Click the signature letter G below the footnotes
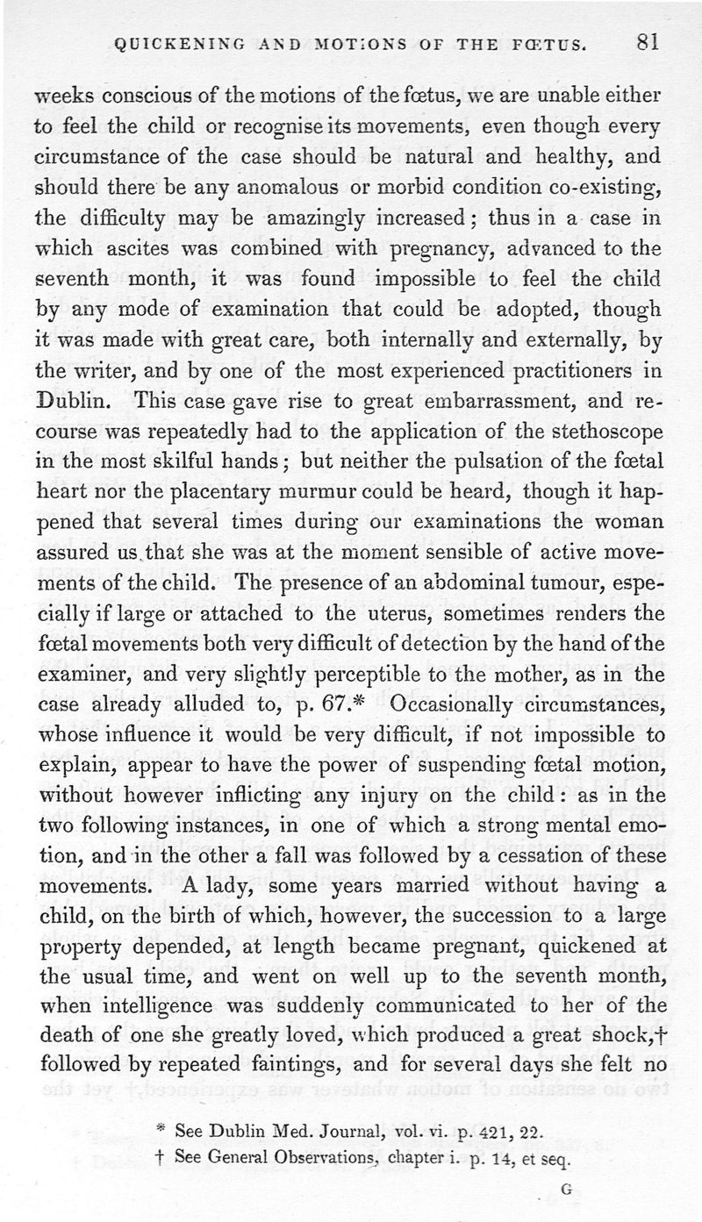pyautogui.click(x=565, y=1190)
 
